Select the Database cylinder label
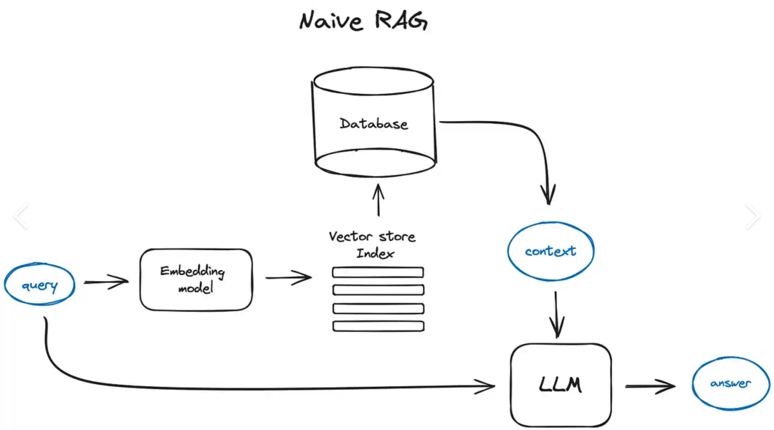click(x=373, y=123)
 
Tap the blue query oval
click(x=40, y=285)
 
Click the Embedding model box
click(x=196, y=279)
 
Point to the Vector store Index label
click(x=372, y=244)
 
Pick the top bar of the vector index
click(x=378, y=272)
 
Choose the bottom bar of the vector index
click(x=378, y=326)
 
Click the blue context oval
click(x=550, y=252)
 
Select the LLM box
click(x=560, y=386)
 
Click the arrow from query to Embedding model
click(x=105, y=282)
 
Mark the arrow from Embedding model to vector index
click(x=288, y=278)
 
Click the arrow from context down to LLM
click(x=557, y=315)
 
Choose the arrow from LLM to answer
click(x=649, y=387)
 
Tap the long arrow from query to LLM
click(x=251, y=388)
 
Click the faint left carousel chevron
click(x=21, y=216)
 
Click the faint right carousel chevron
click(x=752, y=216)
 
